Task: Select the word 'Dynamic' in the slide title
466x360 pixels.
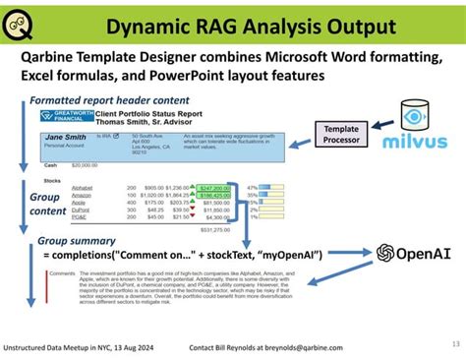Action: [x=148, y=21]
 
